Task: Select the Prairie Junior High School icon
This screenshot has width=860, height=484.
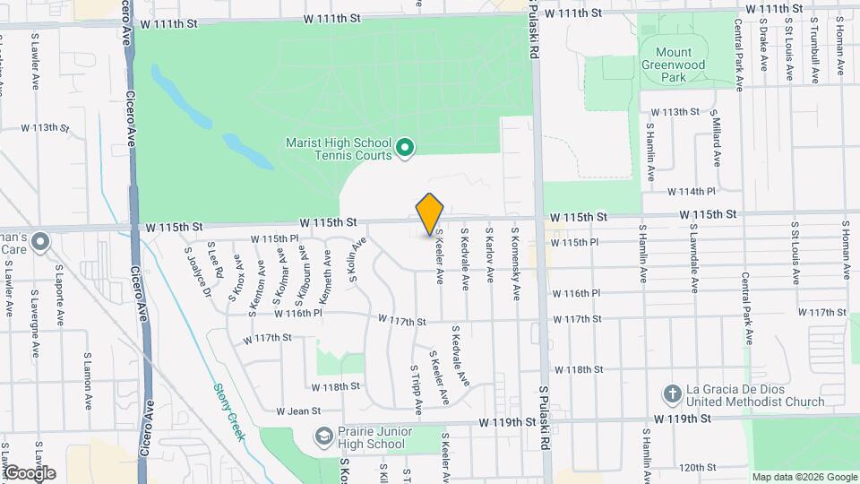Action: [x=322, y=436]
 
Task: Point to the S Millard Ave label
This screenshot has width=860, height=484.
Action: [x=717, y=139]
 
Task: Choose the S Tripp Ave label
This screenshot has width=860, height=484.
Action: [x=417, y=390]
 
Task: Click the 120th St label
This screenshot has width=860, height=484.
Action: [x=695, y=467]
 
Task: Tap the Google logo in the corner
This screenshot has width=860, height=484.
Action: [x=29, y=472]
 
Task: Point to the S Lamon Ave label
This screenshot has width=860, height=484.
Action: [x=88, y=377]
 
